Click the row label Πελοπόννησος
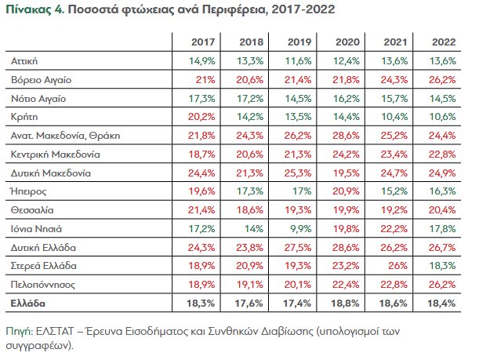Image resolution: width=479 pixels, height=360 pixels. click(x=43, y=284)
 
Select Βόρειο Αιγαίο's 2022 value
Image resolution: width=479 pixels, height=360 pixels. click(x=444, y=79)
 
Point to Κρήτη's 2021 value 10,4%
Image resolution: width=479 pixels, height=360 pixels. click(x=397, y=117)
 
